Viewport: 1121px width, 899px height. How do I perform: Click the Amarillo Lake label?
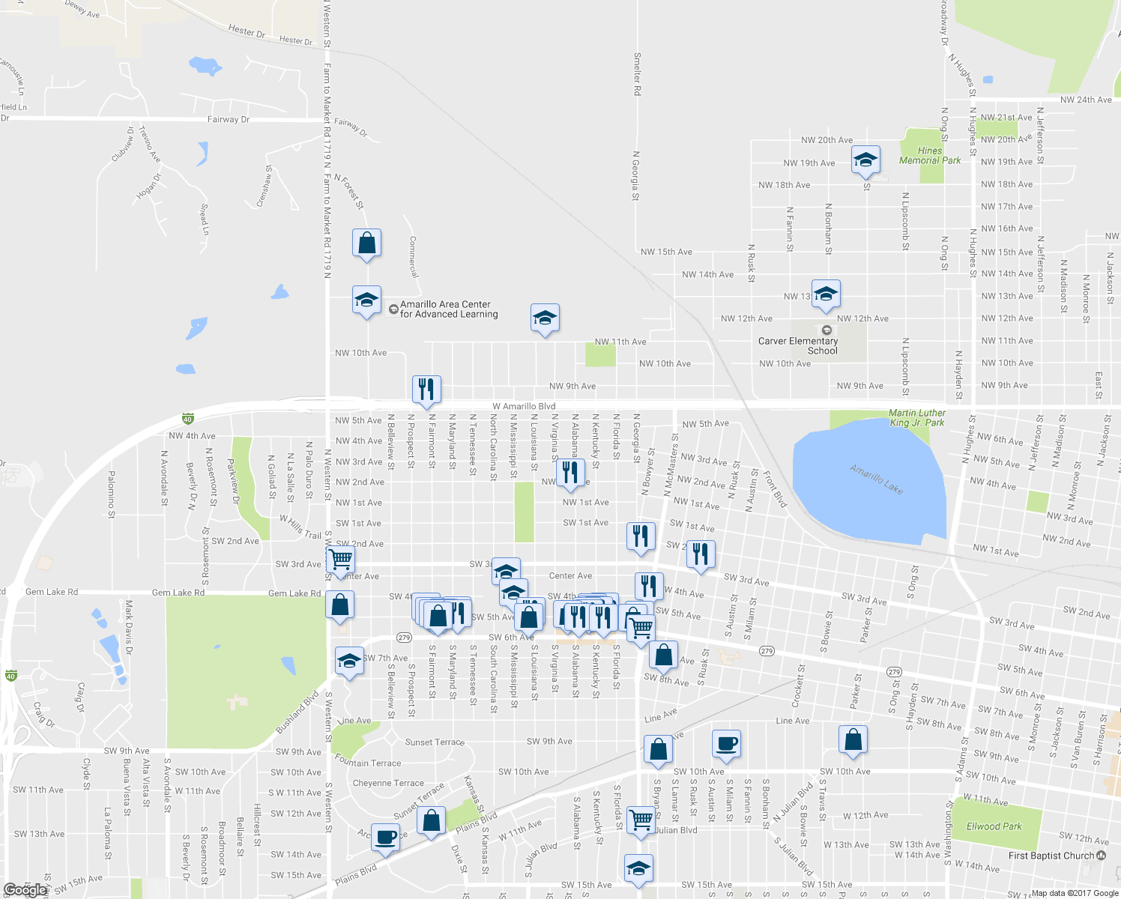[876, 479]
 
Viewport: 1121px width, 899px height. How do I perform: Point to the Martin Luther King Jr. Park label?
[916, 417]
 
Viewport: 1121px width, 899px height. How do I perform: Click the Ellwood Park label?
[994, 826]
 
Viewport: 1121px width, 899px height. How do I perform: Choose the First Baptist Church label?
[1051, 856]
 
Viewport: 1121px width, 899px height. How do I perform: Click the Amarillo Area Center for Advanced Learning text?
[448, 309]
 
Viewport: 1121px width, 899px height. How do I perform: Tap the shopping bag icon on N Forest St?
[366, 243]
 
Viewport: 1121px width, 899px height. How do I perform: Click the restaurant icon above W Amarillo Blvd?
[426, 390]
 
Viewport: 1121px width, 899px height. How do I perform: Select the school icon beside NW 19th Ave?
[865, 160]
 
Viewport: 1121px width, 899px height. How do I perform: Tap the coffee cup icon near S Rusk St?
[726, 745]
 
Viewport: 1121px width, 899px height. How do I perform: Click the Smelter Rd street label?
[637, 73]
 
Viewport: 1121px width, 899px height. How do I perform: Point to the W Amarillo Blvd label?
[523, 406]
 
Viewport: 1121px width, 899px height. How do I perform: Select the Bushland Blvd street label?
[297, 712]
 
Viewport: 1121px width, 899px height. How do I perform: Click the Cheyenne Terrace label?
[388, 783]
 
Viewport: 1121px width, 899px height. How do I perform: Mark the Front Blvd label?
[776, 490]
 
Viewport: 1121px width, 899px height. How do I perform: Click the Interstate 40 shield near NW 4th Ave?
[187, 419]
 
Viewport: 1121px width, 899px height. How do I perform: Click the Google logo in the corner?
[25, 890]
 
